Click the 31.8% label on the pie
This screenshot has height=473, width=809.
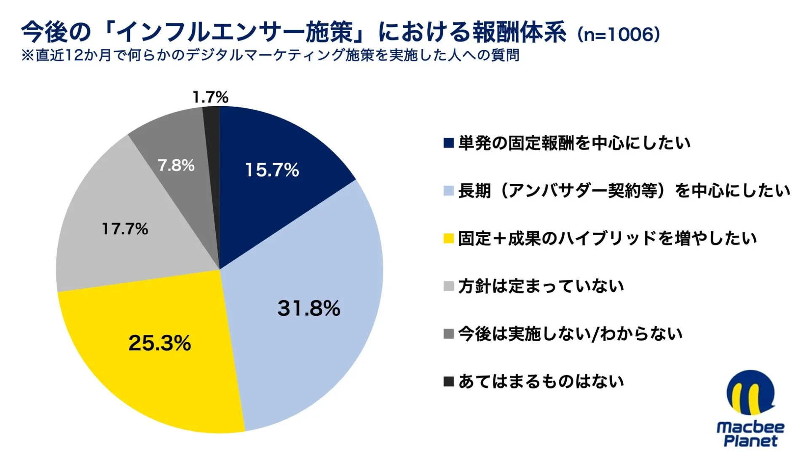(308, 308)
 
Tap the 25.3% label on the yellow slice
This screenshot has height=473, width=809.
(159, 343)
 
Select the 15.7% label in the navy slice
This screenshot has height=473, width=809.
(272, 170)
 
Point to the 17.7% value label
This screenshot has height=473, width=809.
(125, 229)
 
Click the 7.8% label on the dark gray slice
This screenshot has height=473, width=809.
(176, 165)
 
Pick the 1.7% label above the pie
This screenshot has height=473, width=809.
(210, 97)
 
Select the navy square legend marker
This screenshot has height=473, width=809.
(448, 143)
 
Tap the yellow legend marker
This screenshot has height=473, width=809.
(448, 239)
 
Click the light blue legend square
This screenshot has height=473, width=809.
(448, 191)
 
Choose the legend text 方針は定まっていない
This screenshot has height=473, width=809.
(541, 286)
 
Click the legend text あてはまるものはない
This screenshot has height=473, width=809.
(541, 382)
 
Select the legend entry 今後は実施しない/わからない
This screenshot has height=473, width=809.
(570, 334)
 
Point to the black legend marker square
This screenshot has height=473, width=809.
(448, 382)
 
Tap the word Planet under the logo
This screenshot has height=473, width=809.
(750, 441)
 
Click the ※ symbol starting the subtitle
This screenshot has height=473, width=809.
(27, 55)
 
